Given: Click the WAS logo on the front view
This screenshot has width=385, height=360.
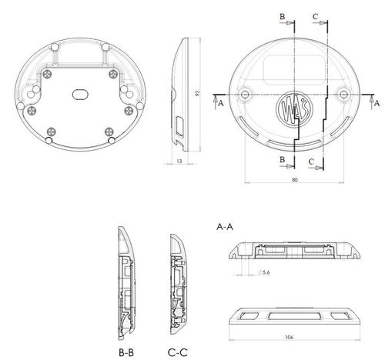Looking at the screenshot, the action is click(x=294, y=109).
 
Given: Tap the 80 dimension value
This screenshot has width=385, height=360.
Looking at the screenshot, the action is click(x=295, y=180).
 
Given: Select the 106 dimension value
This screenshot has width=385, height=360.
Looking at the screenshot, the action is click(x=289, y=337).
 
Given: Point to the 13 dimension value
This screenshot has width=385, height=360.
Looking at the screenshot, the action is click(x=179, y=161).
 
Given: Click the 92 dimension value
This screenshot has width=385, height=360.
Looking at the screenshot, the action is click(x=197, y=93).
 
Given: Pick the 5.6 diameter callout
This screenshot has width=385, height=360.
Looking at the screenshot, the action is click(x=264, y=272).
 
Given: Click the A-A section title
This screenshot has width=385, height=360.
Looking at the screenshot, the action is click(x=225, y=227).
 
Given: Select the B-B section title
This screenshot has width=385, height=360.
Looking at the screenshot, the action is click(x=126, y=352).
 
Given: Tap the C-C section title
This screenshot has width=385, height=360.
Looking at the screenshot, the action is click(x=178, y=352).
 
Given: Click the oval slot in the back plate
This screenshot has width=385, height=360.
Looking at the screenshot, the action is click(x=80, y=95).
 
